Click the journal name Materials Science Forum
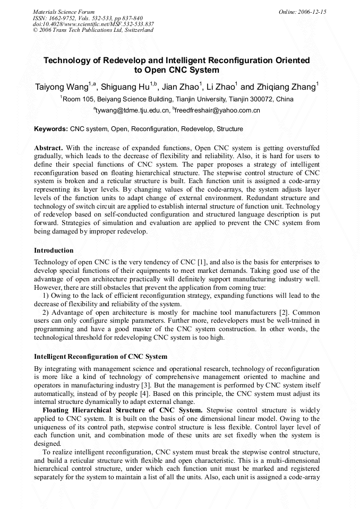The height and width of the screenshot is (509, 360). coord(64,12)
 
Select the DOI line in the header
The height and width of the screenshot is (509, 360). coord(93,24)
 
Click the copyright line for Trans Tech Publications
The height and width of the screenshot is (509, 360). coord(93,30)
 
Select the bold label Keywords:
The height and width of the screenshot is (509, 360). coord(51,129)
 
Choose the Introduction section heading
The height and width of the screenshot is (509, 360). coord(54,250)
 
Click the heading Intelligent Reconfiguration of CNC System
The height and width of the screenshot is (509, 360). coord(100,356)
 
